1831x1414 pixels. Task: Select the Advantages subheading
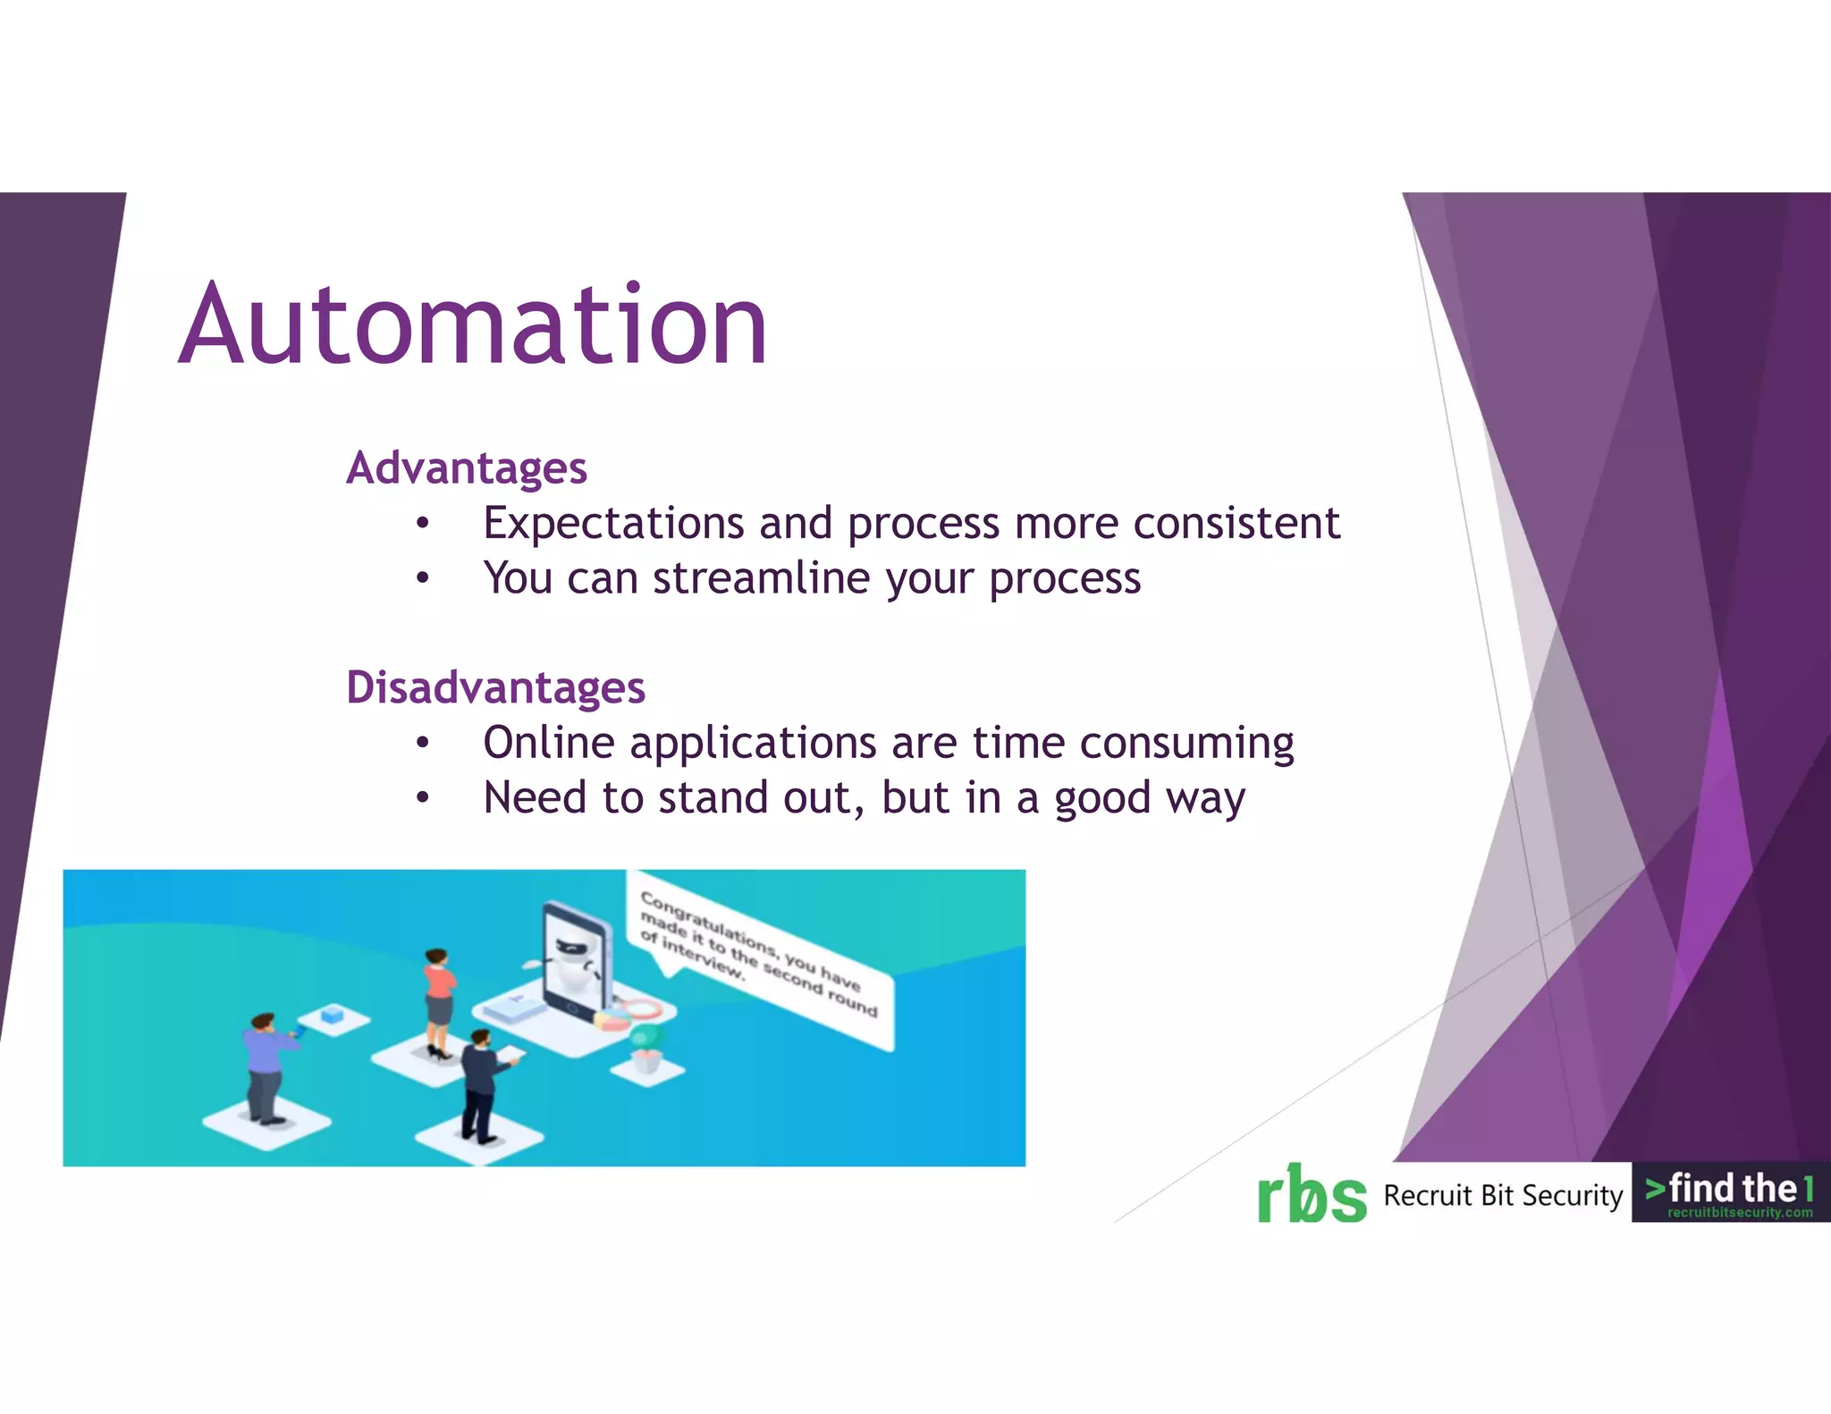(x=466, y=467)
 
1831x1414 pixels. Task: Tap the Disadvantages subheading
(x=495, y=687)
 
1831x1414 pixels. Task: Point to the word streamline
(x=762, y=578)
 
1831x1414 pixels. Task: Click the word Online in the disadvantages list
(x=549, y=743)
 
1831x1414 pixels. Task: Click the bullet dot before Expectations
(x=423, y=524)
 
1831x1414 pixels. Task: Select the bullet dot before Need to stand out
(x=423, y=798)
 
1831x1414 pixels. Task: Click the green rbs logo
(x=1312, y=1194)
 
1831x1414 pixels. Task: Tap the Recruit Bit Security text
(x=1503, y=1195)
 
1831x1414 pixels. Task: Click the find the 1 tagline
(x=1730, y=1188)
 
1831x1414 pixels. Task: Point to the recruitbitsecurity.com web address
(x=1739, y=1213)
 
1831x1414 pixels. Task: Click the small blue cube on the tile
(x=333, y=1014)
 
